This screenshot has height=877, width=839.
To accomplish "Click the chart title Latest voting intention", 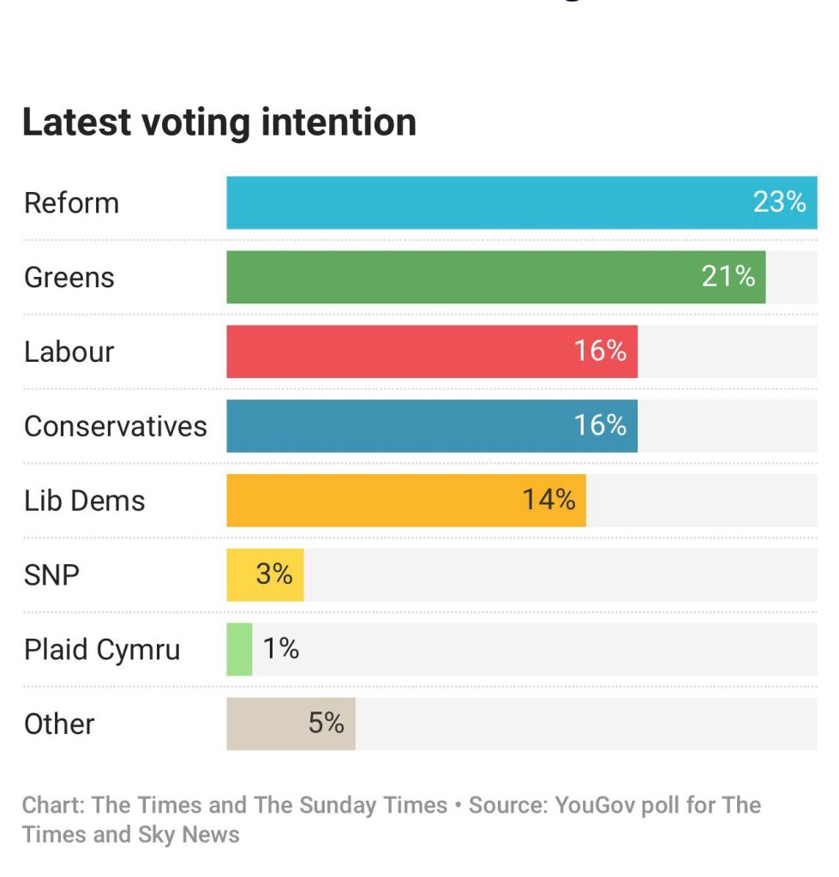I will [x=219, y=123].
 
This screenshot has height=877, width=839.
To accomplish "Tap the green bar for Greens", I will [x=463, y=277].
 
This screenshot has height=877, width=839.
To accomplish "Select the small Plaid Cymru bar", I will [x=239, y=649].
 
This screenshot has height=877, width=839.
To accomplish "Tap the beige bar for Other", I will [x=266, y=724].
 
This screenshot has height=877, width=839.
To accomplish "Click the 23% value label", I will [x=779, y=202].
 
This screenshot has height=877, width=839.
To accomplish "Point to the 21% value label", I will [x=728, y=277].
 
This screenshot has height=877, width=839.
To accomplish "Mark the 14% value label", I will [x=548, y=500].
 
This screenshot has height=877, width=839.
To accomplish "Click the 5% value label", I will [x=326, y=724].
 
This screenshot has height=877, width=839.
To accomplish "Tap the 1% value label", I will [x=280, y=649].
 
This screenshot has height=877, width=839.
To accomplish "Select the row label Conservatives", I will [x=116, y=426].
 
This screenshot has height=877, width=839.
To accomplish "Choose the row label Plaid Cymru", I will [x=102, y=650].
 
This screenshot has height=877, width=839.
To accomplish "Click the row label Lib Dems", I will [x=84, y=501].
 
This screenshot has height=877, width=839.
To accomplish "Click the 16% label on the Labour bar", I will [x=600, y=351].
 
